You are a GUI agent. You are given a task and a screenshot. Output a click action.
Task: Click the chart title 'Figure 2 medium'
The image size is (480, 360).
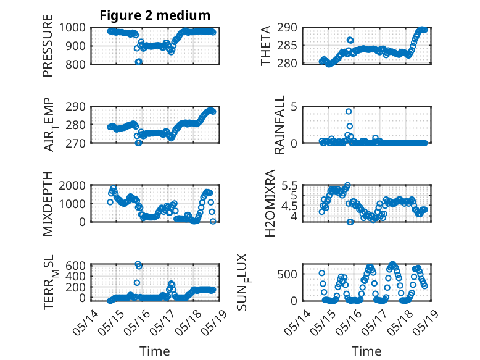tap(155, 15)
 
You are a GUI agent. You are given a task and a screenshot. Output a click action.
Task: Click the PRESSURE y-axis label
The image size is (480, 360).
tap(48, 46)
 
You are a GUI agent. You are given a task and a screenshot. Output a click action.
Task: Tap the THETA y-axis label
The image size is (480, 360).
tap(266, 46)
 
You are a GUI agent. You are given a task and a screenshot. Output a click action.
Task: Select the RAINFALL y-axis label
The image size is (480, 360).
tap(279, 125)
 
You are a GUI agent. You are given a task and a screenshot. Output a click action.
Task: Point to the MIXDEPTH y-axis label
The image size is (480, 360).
tap(48, 204)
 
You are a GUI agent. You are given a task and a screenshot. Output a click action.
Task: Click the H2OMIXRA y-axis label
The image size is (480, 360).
tap(270, 203)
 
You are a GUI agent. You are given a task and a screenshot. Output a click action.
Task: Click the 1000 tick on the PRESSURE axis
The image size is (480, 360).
tap(72, 28)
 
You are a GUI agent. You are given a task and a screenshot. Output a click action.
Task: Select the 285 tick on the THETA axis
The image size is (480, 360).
tap(287, 46)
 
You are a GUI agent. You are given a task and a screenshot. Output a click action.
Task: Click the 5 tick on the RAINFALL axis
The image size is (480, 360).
tap(294, 107)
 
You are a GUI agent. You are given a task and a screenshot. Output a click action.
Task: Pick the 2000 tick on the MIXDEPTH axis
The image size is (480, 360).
tap(72, 185)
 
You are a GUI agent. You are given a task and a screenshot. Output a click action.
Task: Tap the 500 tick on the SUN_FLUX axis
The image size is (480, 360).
tap(287, 274)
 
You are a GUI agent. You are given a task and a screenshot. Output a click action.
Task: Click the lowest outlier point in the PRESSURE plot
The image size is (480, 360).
tap(139, 62)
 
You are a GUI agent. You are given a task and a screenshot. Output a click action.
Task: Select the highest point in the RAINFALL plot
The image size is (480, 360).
tap(349, 111)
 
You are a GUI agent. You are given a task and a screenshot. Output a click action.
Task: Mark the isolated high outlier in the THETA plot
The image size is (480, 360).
tap(350, 40)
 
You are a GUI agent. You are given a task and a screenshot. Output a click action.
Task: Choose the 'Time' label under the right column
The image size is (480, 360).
tap(366, 351)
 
